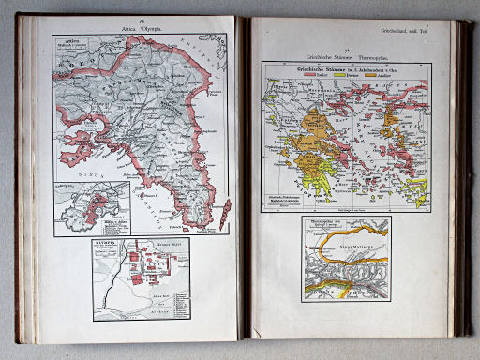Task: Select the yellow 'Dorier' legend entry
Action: [x=358, y=79]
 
